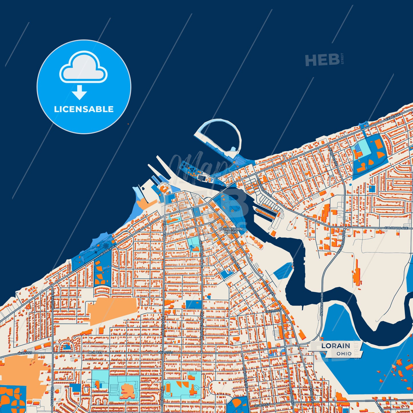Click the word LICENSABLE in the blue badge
[x=84, y=109]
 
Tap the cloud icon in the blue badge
[x=83, y=67]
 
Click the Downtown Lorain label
[x=231, y=230]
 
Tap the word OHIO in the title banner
[x=344, y=354]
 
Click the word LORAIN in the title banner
[x=336, y=346]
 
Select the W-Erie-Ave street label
[x=107, y=250]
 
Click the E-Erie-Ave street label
[x=393, y=117]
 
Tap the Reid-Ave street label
[x=236, y=262]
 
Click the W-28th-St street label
[x=262, y=406]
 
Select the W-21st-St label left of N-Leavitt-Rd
[x=25, y=353]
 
